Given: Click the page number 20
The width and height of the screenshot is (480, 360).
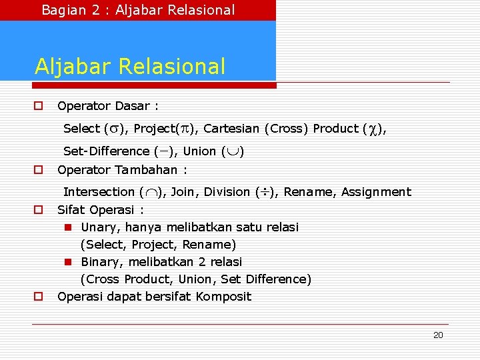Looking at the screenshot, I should [x=437, y=335].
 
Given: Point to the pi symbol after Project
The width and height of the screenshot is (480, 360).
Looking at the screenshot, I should [x=186, y=129].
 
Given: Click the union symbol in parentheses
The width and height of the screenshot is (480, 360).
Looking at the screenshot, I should [x=233, y=151].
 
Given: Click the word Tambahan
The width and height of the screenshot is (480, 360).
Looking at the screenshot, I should [x=146, y=169].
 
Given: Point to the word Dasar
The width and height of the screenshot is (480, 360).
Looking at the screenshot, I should [x=133, y=106].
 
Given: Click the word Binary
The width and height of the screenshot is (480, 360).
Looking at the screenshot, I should [x=100, y=262].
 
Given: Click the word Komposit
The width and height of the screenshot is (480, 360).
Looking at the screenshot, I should [x=223, y=296].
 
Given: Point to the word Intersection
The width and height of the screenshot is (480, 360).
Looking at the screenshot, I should [x=99, y=192].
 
